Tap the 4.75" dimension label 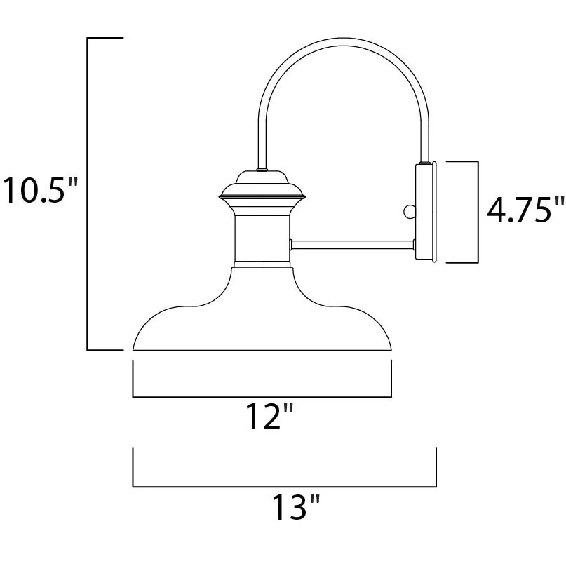point(525,210)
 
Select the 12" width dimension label point(269,416)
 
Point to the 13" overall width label point(296,507)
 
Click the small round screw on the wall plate point(410,212)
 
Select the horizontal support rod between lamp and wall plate point(353,245)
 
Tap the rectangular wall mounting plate point(426,212)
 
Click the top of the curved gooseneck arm point(343,41)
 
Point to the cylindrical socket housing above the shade point(262,238)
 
